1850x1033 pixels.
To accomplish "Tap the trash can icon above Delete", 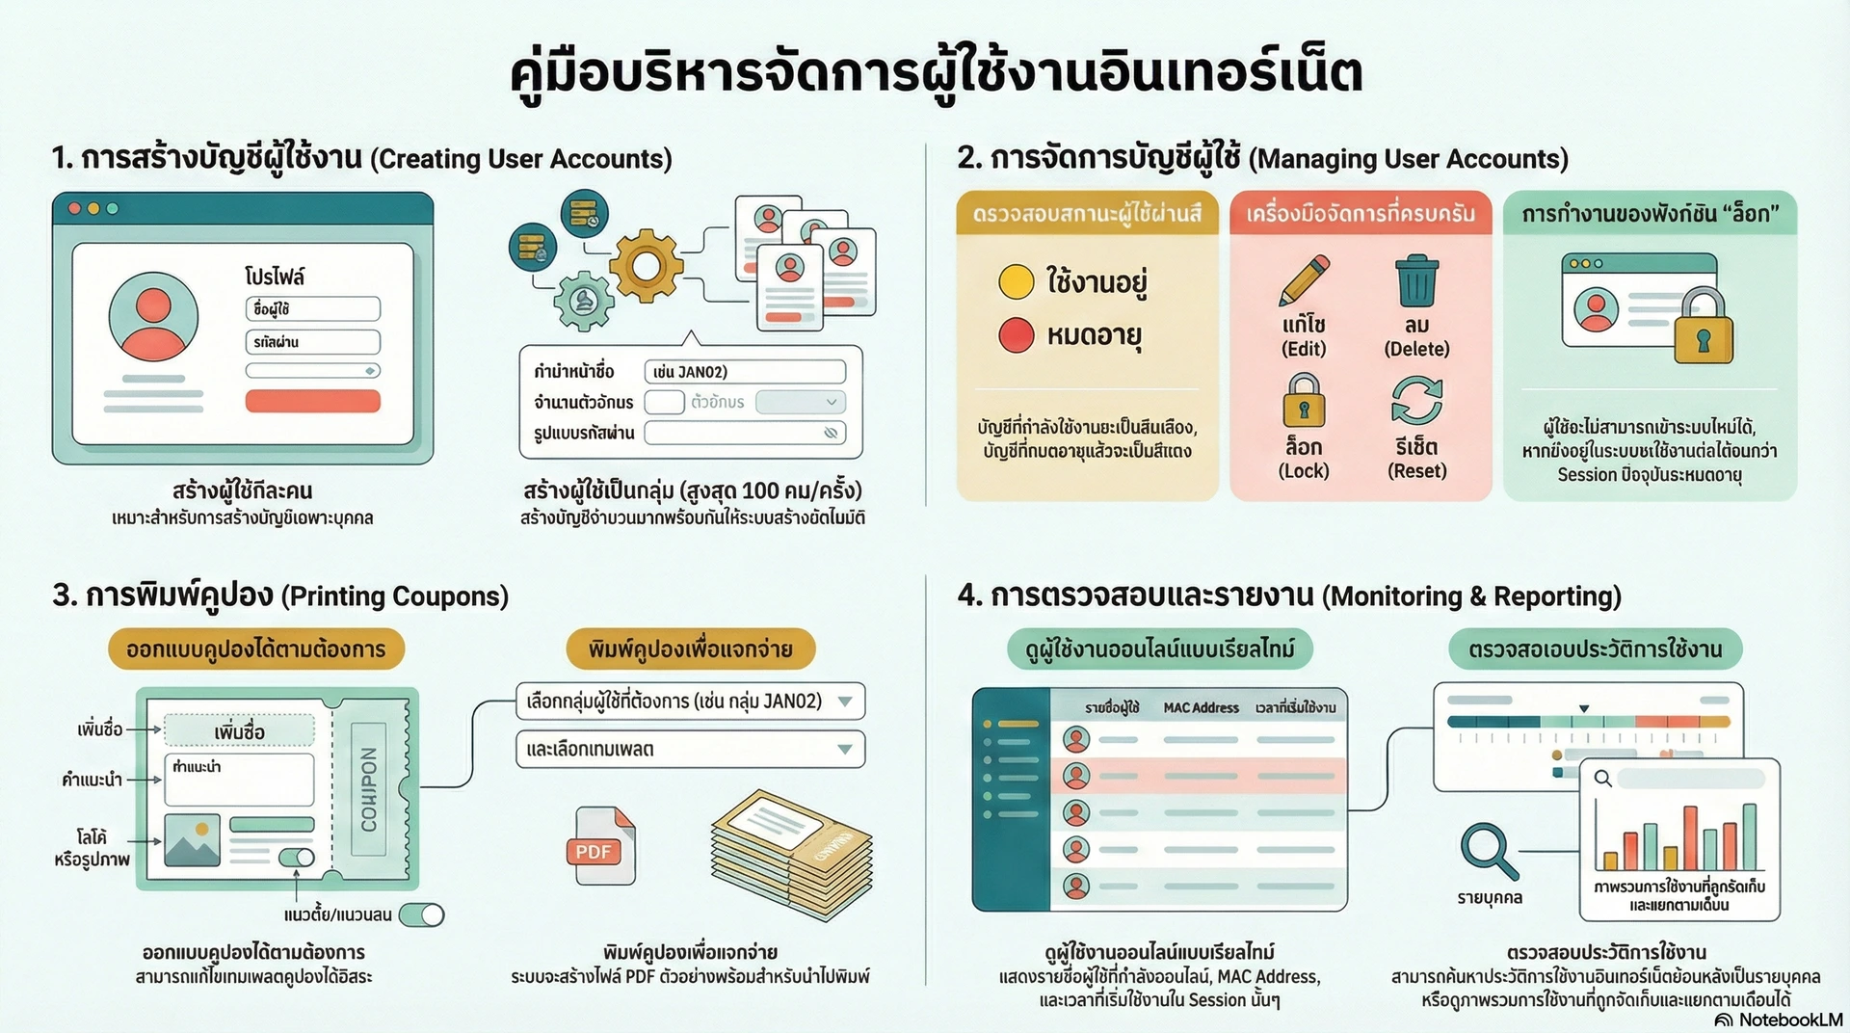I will [x=1416, y=280].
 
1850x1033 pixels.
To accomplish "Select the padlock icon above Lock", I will [x=1304, y=401].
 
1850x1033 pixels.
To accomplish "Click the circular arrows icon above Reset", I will [x=1416, y=401].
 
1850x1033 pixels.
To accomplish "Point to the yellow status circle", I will [x=1016, y=281].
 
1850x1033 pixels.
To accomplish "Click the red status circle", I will [x=1016, y=335].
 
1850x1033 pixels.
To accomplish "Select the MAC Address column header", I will [x=1201, y=708].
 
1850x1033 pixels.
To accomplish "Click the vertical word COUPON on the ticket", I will [x=369, y=789].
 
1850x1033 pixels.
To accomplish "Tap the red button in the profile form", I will [x=312, y=401].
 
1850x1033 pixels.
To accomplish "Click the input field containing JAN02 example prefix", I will [x=744, y=372].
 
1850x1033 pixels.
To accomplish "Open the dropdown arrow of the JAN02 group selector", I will [x=845, y=702].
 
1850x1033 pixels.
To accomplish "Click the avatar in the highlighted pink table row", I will [x=1076, y=775].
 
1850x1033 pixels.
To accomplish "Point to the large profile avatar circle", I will [x=153, y=316].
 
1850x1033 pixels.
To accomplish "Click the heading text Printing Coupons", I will [x=395, y=596].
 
